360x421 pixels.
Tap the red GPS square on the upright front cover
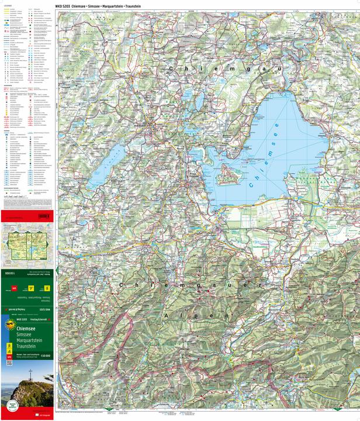click(9, 354)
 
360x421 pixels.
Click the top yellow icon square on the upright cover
click(9, 330)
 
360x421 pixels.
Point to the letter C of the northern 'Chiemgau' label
click(171, 69)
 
